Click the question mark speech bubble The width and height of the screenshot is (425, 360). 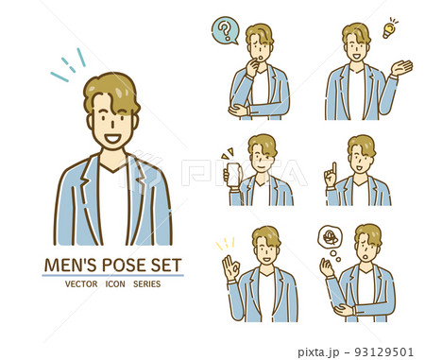(x=225, y=30)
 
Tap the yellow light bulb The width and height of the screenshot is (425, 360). (x=389, y=29)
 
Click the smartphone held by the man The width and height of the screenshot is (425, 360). (x=234, y=175)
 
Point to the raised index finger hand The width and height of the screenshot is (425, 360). (x=331, y=176)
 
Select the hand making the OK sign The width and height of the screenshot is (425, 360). (x=230, y=268)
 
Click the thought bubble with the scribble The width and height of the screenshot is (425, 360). (x=330, y=237)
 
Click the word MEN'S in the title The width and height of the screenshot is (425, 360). (x=70, y=266)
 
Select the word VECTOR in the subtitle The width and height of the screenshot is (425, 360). (x=81, y=284)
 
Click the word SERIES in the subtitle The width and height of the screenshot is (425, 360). (x=146, y=284)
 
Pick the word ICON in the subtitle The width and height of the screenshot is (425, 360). (x=115, y=284)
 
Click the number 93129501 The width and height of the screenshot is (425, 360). (x=383, y=351)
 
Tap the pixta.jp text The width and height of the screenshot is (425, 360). (x=318, y=352)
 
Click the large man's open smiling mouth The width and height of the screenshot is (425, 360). (x=112, y=138)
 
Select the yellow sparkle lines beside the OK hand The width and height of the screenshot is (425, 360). (x=226, y=243)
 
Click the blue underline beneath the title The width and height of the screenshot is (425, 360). (x=112, y=275)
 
